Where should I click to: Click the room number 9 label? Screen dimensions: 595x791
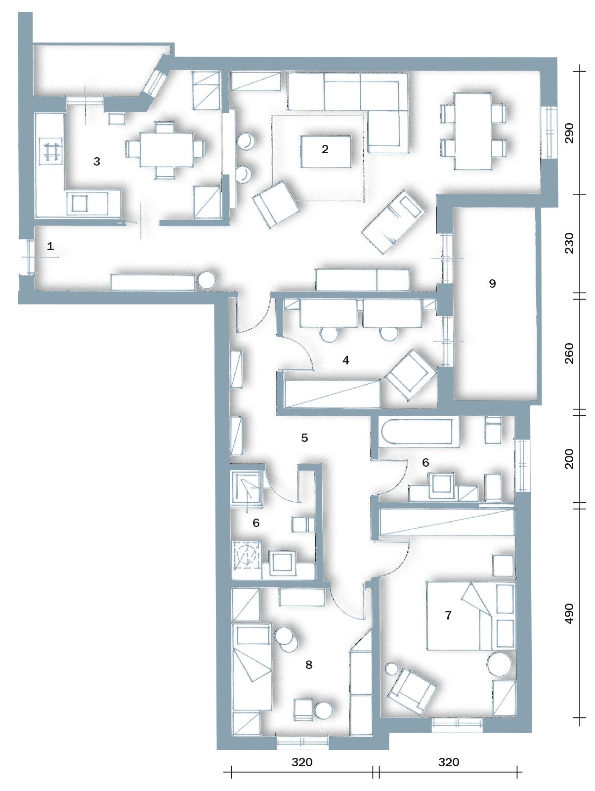point(492,284)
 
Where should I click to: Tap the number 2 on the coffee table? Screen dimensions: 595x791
point(325,149)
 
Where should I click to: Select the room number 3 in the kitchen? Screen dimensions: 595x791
point(96,162)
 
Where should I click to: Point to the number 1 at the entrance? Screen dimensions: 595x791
point(50,246)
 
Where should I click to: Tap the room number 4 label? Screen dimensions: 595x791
point(346,360)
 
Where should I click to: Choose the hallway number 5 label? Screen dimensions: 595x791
point(305,438)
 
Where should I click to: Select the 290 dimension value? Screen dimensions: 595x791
point(569,133)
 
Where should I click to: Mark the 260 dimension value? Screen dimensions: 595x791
point(569,353)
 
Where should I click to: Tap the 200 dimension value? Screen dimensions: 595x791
point(569,459)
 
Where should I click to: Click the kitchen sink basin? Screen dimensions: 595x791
point(79,204)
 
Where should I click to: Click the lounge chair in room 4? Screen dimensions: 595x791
point(411,375)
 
